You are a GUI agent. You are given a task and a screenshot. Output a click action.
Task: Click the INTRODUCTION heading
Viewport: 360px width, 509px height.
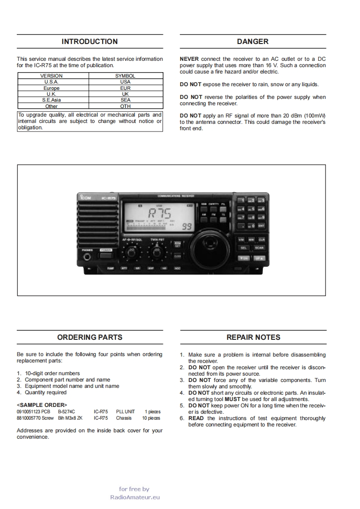point(89,42)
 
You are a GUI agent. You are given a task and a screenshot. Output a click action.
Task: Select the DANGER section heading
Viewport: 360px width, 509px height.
point(252,42)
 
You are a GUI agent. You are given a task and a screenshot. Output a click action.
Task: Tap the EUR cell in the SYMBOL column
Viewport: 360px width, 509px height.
point(125,88)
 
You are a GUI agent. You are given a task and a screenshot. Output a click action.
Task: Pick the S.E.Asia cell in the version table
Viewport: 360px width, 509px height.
point(51,100)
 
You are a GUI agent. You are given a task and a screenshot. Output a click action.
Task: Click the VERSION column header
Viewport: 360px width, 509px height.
point(51,76)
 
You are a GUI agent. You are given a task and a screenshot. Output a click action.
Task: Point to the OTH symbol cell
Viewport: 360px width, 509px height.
point(125,107)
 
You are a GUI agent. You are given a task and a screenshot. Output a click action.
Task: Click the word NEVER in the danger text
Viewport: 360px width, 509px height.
point(189,59)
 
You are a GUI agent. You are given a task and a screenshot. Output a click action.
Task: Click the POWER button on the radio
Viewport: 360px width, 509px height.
point(106,254)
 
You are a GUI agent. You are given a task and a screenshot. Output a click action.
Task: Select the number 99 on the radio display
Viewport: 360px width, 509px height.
point(186,226)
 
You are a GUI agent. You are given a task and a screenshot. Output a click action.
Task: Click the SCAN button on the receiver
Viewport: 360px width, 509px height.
point(259,248)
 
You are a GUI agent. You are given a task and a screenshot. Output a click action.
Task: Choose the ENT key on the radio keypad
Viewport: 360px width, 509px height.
point(261,225)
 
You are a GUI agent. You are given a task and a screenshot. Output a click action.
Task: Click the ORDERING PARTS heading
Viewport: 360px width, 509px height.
point(89,338)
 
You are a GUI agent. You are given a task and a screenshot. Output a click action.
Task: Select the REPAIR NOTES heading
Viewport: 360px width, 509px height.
point(253,338)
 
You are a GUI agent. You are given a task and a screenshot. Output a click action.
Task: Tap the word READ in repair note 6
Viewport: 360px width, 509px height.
point(196,418)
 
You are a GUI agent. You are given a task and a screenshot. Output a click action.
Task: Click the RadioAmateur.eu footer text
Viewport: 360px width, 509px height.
point(135,497)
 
